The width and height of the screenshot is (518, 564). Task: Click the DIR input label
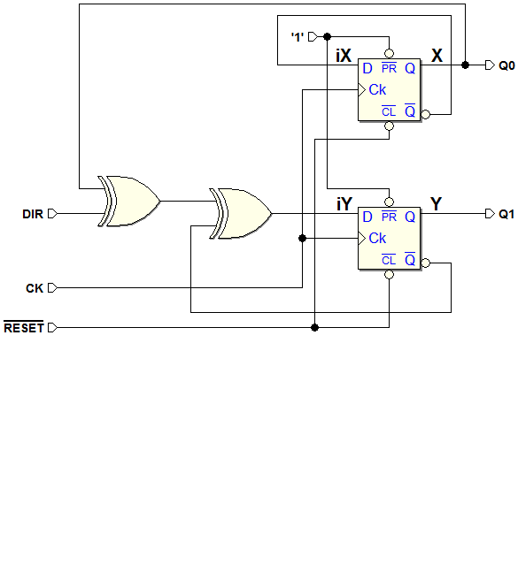click(x=33, y=214)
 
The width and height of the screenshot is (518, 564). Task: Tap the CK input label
click(x=35, y=288)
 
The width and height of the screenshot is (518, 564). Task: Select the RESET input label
click(x=24, y=328)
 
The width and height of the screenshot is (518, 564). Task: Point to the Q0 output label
click(x=506, y=65)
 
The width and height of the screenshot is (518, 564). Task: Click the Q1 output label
click(x=506, y=215)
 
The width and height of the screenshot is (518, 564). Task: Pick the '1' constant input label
click(x=298, y=37)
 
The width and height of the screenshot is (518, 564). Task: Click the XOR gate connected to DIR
click(x=129, y=201)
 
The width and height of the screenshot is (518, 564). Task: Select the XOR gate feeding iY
click(x=241, y=213)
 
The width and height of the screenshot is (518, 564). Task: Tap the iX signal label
click(x=344, y=56)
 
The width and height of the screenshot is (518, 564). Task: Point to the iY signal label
click(x=344, y=204)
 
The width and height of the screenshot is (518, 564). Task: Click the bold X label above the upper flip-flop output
click(x=437, y=56)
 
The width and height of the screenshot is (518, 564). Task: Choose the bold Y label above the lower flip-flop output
click(x=436, y=204)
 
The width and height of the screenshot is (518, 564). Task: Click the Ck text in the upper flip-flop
click(x=377, y=89)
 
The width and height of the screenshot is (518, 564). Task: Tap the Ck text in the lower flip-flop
click(x=377, y=238)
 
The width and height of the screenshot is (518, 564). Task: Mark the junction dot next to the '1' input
click(x=327, y=36)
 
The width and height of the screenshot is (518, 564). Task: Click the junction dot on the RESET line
click(x=314, y=327)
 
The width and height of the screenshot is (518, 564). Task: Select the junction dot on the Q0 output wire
click(x=465, y=65)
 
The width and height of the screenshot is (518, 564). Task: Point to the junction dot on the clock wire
click(x=302, y=238)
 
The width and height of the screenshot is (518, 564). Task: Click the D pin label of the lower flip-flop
click(x=367, y=217)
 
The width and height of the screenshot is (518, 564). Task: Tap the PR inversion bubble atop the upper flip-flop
click(x=389, y=54)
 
